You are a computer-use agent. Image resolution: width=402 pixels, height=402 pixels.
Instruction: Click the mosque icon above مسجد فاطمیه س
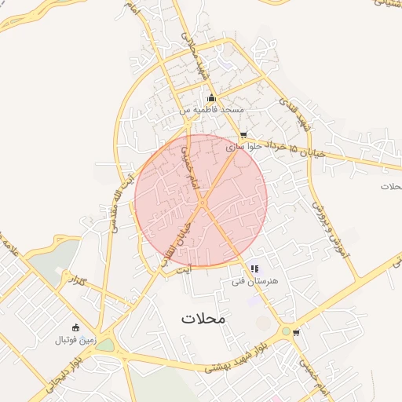click(x=210, y=98)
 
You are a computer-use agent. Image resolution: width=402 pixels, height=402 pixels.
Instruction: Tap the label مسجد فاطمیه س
click(x=210, y=110)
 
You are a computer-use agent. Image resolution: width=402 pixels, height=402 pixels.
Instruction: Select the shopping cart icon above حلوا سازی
click(x=243, y=134)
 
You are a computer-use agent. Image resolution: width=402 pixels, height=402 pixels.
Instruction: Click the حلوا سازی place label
click(x=242, y=146)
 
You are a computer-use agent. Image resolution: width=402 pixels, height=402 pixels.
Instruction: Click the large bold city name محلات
click(x=203, y=318)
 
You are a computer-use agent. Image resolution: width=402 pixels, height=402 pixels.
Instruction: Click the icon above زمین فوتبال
click(x=75, y=328)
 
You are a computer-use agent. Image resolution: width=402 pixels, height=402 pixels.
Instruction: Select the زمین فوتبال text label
click(x=75, y=340)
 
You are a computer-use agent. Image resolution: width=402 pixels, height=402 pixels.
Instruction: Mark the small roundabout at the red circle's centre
click(x=202, y=203)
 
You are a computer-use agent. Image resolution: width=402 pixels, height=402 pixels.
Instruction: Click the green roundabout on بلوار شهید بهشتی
click(x=286, y=332)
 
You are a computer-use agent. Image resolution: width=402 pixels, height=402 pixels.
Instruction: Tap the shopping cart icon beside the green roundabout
click(x=296, y=332)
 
